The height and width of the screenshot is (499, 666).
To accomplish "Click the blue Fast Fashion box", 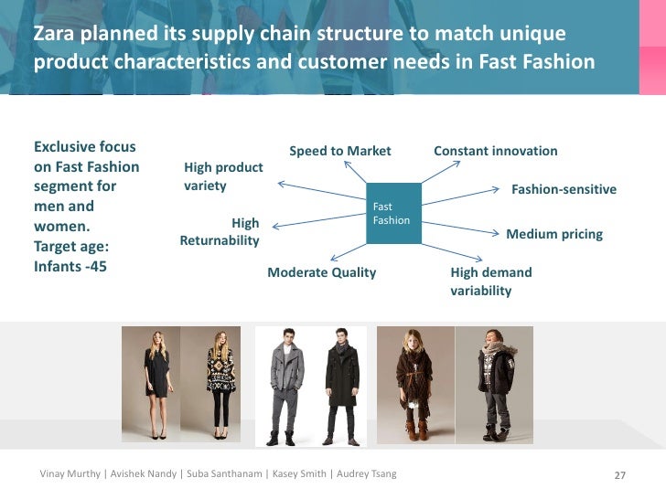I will point(393,213).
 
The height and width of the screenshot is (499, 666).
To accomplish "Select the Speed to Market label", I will point(339,151).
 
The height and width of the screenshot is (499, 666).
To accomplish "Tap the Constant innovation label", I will point(495,151).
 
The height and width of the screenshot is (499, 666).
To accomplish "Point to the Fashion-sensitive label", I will point(564,190).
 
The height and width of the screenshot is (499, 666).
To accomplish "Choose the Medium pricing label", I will point(554,234).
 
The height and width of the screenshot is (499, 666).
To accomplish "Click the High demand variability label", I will point(490,281).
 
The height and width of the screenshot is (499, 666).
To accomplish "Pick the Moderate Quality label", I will point(321,272).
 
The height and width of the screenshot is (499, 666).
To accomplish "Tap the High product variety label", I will point(223,176).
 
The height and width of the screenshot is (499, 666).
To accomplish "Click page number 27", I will point(619,474).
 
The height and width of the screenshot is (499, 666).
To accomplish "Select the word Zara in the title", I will point(52,35).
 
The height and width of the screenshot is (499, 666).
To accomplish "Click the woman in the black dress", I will point(156,384).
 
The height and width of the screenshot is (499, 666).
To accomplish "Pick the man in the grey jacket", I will point(283,384).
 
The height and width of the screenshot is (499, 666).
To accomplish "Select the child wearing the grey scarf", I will point(497,384).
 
